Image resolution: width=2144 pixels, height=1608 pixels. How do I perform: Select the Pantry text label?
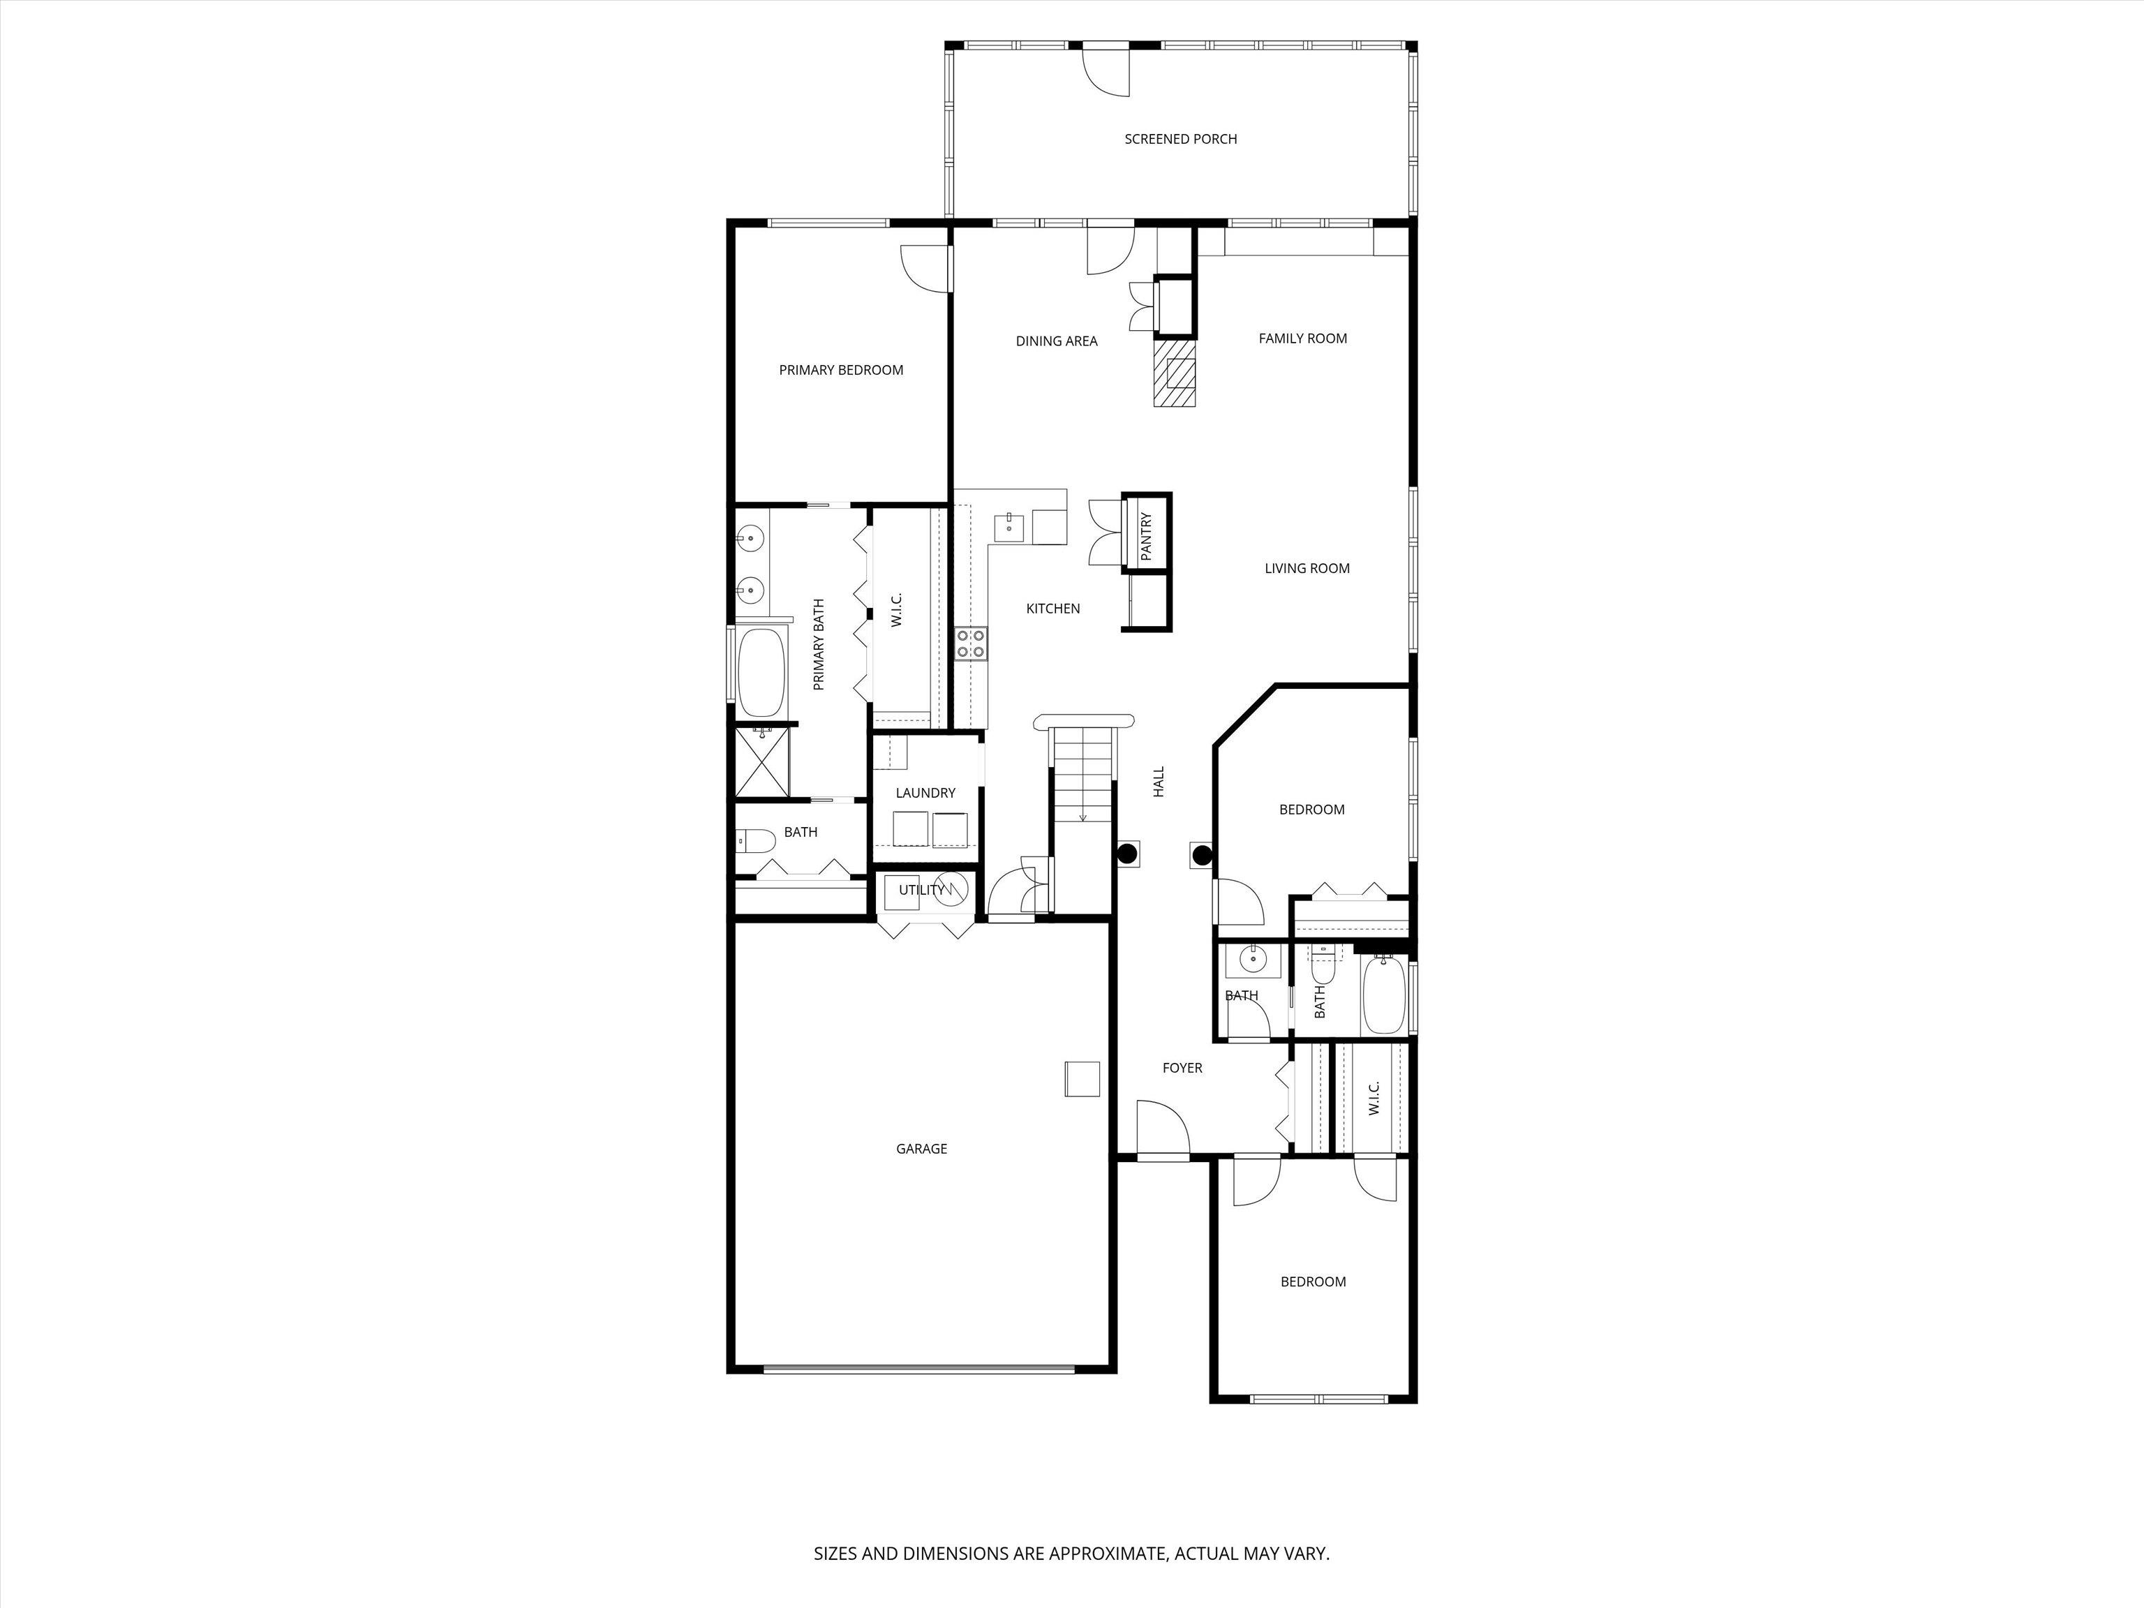[1147, 536]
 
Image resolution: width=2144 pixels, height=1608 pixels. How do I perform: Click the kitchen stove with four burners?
[971, 643]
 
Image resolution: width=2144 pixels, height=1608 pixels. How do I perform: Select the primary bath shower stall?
[763, 763]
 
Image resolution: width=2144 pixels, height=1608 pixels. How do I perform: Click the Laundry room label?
[925, 793]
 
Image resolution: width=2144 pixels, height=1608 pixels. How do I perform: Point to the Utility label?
[920, 890]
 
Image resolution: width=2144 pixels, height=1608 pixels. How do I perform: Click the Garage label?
[921, 1149]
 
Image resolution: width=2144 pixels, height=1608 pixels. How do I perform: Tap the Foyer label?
[1182, 1068]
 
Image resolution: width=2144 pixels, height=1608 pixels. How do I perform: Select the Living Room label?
[1306, 569]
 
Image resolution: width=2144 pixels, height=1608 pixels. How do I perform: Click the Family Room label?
[1303, 338]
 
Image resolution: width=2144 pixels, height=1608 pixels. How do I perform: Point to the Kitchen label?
[1052, 609]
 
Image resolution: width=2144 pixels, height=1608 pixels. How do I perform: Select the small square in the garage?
[1082, 1079]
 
